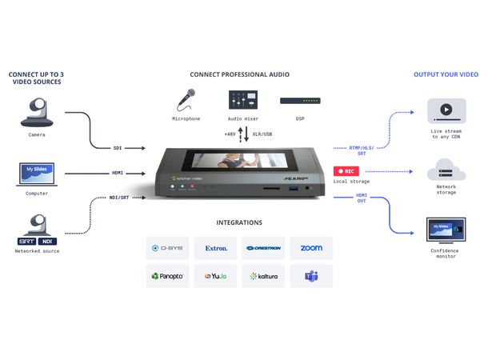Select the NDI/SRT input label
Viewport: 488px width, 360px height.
pyautogui.click(x=118, y=198)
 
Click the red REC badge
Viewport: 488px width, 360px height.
pyautogui.click(x=346, y=170)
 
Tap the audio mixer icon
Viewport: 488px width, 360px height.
pyautogui.click(x=239, y=99)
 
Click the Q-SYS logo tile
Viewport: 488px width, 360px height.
pyautogui.click(x=167, y=249)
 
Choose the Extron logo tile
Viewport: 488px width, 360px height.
pyautogui.click(x=216, y=249)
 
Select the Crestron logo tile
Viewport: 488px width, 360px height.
pyautogui.click(x=264, y=249)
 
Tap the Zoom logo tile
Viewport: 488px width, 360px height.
pyautogui.click(x=312, y=249)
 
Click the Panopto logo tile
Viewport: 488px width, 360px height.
pyautogui.click(x=167, y=276)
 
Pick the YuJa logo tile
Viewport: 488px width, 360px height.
pyautogui.click(x=216, y=276)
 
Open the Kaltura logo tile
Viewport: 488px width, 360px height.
pyautogui.click(x=264, y=276)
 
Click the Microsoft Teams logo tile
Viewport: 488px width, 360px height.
pyautogui.click(x=312, y=276)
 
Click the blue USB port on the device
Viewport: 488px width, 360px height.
pyautogui.click(x=294, y=189)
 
